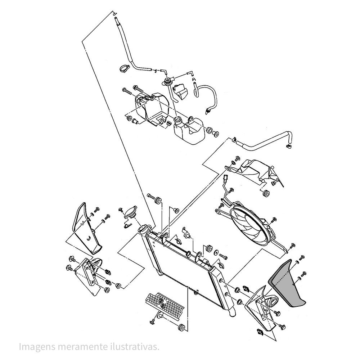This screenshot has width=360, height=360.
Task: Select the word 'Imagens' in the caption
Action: [x=37, y=347]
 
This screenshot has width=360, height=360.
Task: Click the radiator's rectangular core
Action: [x=181, y=262]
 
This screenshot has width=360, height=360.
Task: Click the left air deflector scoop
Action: [x=86, y=227]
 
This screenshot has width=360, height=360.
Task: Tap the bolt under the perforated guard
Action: [x=153, y=321]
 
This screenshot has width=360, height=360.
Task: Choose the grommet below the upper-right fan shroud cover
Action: [x=266, y=193]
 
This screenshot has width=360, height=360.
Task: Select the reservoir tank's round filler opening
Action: [x=177, y=119]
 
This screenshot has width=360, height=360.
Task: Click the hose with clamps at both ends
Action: [x=262, y=142]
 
